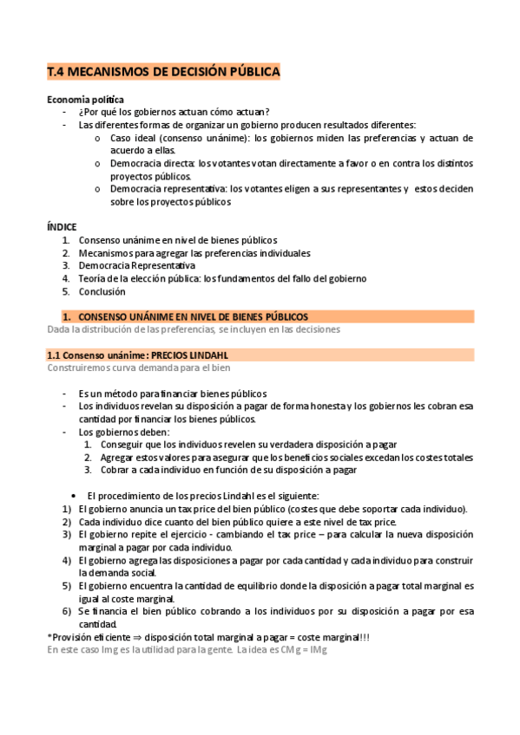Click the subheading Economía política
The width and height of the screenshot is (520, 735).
click(x=85, y=100)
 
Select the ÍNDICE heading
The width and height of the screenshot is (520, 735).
click(x=62, y=227)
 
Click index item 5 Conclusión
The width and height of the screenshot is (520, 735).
click(x=104, y=291)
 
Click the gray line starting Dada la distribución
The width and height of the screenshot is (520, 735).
click(x=193, y=329)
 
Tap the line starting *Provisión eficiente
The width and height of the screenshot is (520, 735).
click(x=207, y=637)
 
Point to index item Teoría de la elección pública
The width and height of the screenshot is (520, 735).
click(x=221, y=278)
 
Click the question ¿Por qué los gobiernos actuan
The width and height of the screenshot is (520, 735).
click(x=174, y=112)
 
